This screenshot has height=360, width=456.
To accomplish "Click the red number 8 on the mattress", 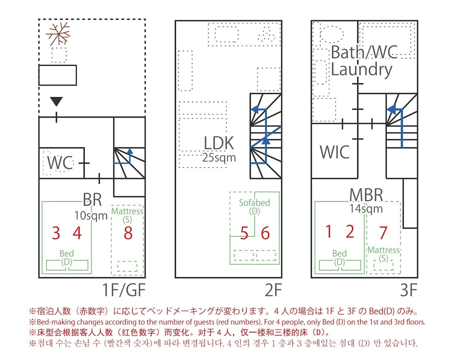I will click(128, 233).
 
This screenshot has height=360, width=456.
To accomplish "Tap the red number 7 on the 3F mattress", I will click(383, 232).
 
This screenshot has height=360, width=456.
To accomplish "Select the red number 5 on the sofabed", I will click(245, 233).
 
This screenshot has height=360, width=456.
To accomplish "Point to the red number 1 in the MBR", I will click(329, 232).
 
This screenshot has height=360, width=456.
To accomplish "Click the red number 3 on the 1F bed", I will click(56, 233).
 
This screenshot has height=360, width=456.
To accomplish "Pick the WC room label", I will click(60, 163).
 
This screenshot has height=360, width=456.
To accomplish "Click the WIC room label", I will click(334, 152).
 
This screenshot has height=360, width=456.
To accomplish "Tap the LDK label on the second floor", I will click(219, 144).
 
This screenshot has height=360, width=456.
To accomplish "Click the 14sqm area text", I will click(366, 208).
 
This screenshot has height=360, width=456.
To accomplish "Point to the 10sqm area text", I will click(91, 215).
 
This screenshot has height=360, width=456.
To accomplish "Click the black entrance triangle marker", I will click(56, 101).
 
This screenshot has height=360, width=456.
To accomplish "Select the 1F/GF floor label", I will click(124, 291).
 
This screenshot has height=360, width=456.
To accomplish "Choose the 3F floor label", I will click(408, 291).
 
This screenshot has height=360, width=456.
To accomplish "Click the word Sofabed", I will click(255, 202).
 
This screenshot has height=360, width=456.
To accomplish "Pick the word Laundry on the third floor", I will click(361, 69).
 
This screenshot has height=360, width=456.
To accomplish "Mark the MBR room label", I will click(366, 195).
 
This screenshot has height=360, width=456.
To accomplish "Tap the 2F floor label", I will click(273, 291).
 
